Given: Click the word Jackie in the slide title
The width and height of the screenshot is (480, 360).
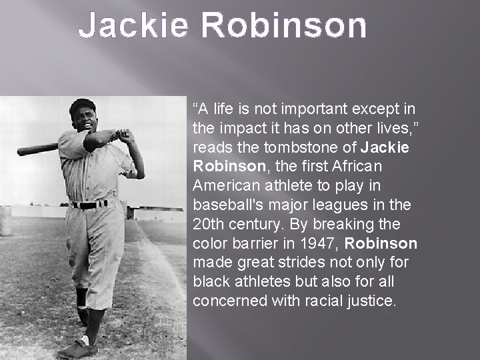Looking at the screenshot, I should pyautogui.click(x=134, y=26).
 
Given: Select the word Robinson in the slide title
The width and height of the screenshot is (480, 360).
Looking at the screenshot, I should pyautogui.click(x=283, y=26).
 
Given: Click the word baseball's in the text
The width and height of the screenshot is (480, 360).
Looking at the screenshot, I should pyautogui.click(x=224, y=205).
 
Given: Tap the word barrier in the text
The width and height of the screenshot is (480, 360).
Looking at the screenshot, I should pyautogui.click(x=251, y=243).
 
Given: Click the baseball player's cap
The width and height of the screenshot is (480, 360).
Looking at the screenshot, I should pyautogui.click(x=83, y=105).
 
